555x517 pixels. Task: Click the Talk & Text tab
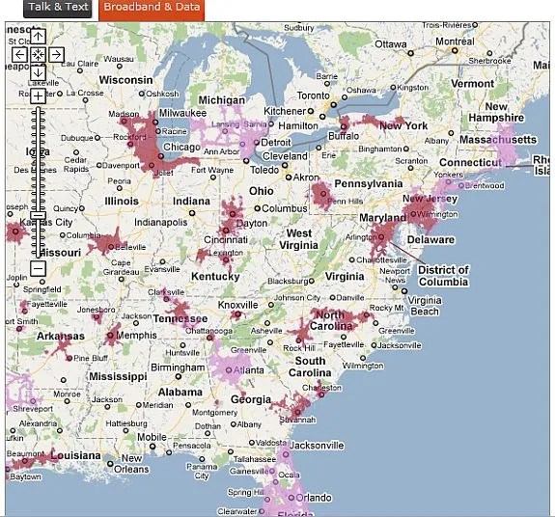(x=58, y=8)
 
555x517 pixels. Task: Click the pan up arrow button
(x=38, y=36)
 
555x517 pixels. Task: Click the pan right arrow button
(x=56, y=54)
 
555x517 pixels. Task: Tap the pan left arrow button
(x=19, y=54)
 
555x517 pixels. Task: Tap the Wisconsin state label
(x=125, y=80)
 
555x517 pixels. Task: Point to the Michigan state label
(x=221, y=100)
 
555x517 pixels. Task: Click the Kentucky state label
(x=215, y=277)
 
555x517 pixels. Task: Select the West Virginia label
(x=299, y=239)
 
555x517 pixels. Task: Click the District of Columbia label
(x=443, y=276)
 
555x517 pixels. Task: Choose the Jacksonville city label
(x=316, y=446)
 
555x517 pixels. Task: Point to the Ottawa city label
(x=391, y=44)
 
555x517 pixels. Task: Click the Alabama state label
(x=180, y=393)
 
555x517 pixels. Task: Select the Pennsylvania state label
(x=368, y=183)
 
